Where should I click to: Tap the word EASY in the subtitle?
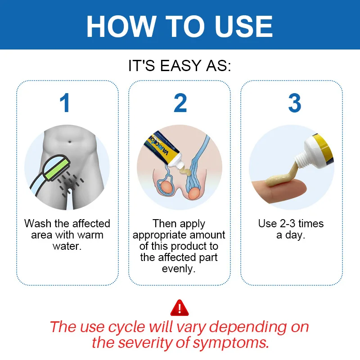point(181,66)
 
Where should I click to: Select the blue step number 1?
point(65,103)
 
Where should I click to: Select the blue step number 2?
point(180,103)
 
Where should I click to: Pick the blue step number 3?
point(295,103)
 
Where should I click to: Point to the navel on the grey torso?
point(70,142)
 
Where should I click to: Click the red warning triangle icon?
point(180,308)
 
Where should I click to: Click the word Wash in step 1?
point(38,224)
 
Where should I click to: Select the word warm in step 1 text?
point(90,235)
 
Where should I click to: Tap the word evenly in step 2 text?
point(179,269)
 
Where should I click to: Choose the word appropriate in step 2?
point(160,235)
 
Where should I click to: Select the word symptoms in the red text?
point(231,343)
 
